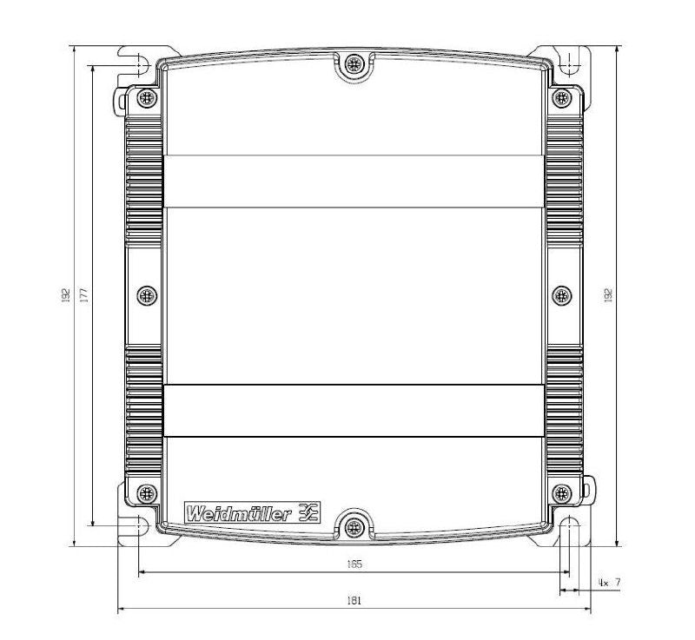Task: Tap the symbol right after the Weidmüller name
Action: coord(308,512)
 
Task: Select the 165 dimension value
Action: coord(354,564)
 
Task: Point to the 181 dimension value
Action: coord(354,600)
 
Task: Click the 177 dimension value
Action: coord(83,296)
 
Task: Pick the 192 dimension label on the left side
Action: coord(65,296)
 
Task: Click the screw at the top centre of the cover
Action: coord(353,63)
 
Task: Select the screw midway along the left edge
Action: coord(146,295)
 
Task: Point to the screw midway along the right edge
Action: coord(561,295)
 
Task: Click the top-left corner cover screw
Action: coord(146,97)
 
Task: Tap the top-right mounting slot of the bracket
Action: coord(569,63)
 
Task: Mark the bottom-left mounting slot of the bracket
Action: coord(137,529)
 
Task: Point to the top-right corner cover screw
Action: coord(561,97)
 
